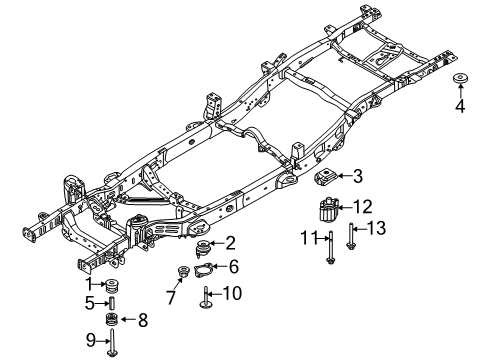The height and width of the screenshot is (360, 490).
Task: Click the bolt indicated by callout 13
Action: coord(349,240)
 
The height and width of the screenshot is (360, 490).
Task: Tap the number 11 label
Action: coord(312,238)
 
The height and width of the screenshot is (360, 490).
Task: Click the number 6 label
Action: coord(232,267)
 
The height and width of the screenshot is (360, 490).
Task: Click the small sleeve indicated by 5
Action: coord(112,304)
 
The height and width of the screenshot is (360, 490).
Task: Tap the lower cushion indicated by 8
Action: coord(112,320)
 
